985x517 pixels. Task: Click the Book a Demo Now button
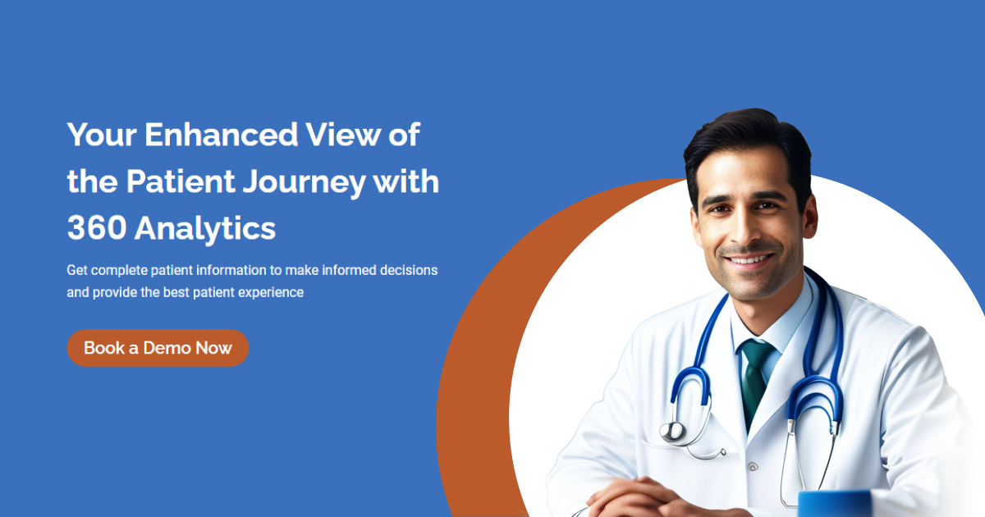[158, 348]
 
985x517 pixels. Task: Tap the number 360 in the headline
[96, 229]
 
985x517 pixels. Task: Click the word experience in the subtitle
[272, 292]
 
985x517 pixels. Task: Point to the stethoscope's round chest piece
[673, 432]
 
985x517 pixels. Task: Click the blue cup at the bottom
[833, 503]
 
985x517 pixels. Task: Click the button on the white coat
[752, 466]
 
